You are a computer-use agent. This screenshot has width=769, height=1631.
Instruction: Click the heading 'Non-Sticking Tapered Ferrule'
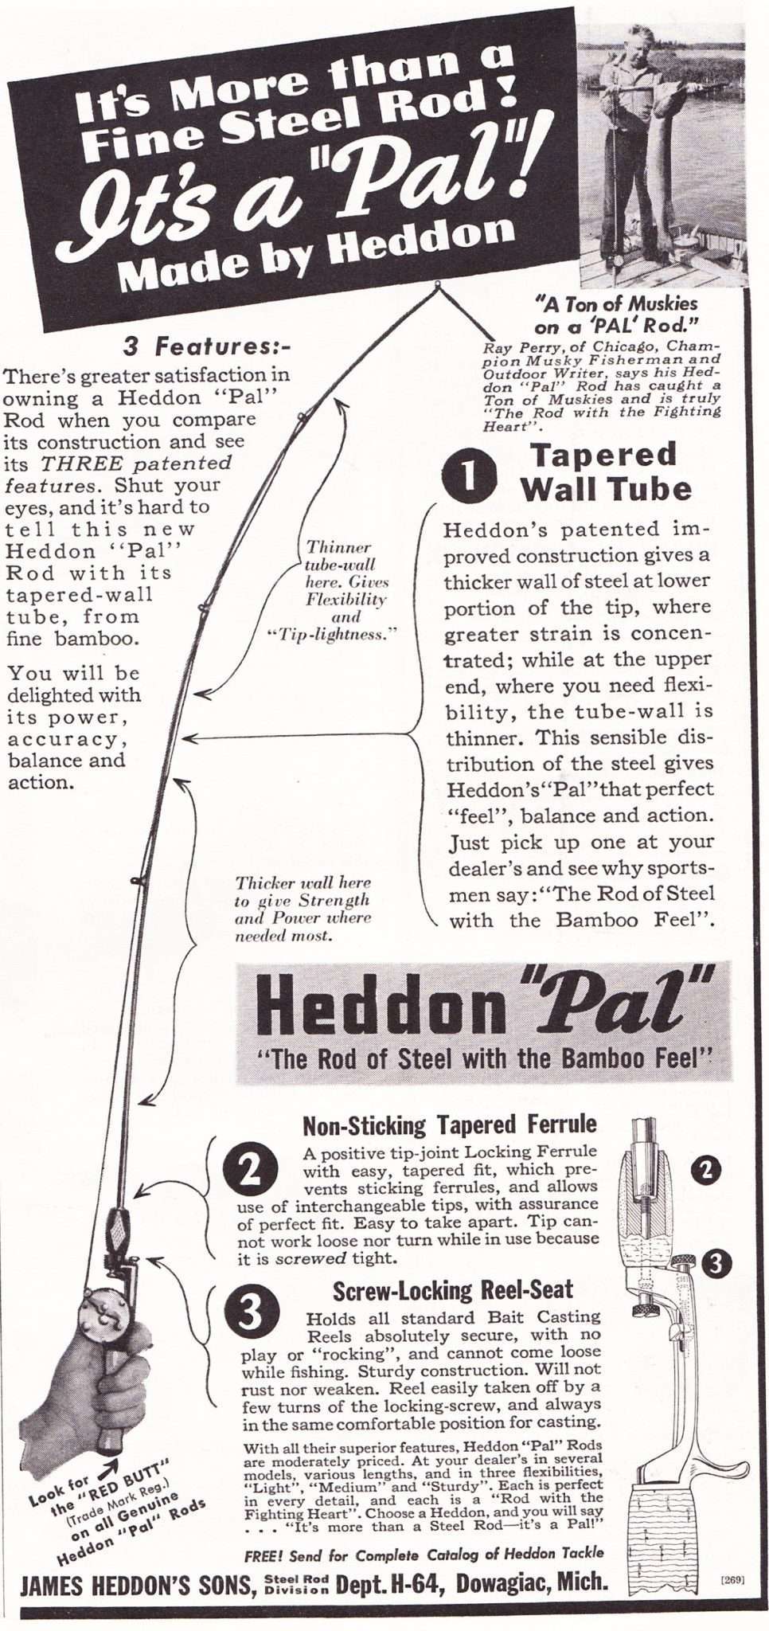coord(449,1124)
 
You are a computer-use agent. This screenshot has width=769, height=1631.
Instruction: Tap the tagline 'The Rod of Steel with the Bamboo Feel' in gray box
coord(482,1058)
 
